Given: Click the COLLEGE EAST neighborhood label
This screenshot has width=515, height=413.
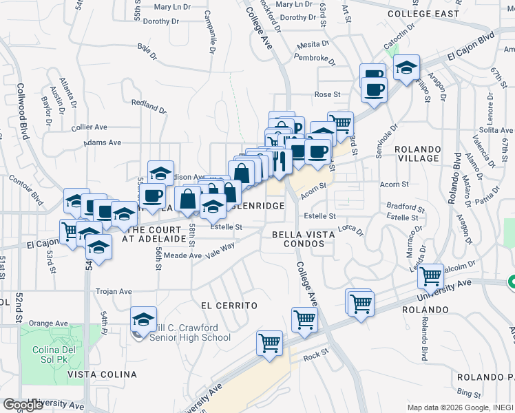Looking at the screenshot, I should point(422,13).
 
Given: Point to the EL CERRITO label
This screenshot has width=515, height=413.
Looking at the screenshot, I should point(229,305).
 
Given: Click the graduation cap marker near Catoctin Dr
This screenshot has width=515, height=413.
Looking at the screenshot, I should point(407,67).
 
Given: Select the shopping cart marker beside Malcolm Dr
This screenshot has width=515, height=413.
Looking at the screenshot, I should point(431,276).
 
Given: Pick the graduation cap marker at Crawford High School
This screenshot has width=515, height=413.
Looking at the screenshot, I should point(143,319).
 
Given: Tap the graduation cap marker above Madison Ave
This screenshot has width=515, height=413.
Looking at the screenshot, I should point(160,172).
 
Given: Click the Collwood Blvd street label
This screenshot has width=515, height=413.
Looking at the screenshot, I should point(23,111).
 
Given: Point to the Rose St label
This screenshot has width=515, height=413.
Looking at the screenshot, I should point(327,94).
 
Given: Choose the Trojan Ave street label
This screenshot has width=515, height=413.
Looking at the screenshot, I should point(114,291).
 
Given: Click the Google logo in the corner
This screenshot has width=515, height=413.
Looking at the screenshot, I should point(23,405).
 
